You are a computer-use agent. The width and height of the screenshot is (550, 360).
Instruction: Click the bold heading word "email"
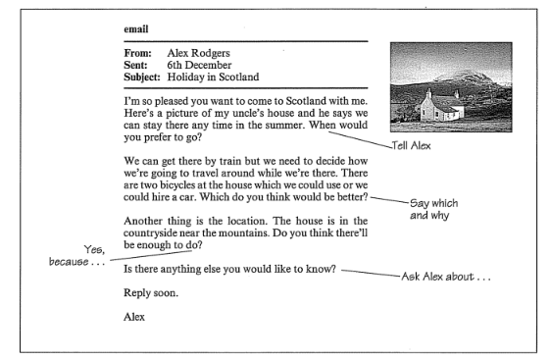135,30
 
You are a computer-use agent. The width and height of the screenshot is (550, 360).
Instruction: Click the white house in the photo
439,105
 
